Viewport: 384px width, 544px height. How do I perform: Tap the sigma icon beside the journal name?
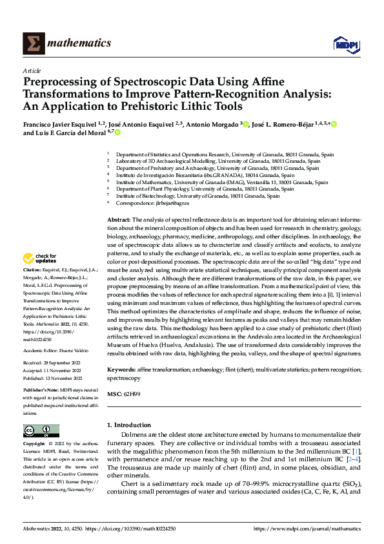[32, 43]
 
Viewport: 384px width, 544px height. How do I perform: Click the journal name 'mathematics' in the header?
[79, 43]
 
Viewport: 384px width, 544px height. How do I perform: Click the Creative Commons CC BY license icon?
[41, 431]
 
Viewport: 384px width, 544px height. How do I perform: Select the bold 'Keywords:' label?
[121, 369]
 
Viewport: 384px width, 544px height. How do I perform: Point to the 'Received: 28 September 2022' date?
[54, 364]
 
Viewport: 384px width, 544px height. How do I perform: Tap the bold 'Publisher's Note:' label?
[40, 391]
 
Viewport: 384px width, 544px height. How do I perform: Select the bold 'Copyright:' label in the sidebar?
[34, 445]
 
